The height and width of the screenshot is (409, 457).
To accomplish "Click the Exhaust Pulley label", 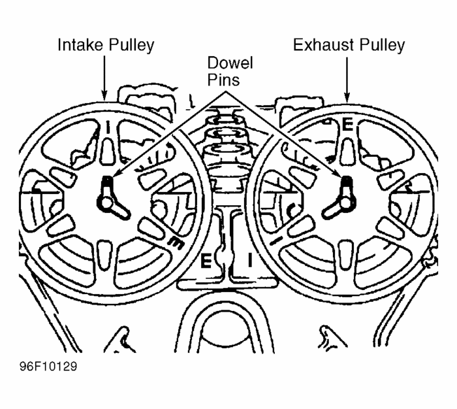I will [x=349, y=45].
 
